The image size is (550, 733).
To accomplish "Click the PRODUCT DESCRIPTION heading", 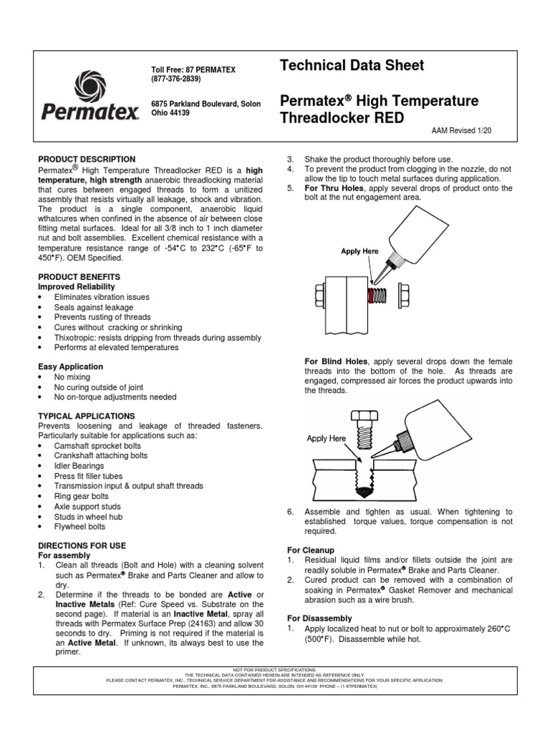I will coord(87,158).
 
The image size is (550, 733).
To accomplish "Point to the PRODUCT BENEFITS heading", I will coord(79,276).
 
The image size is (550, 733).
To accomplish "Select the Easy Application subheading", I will coord(70,366).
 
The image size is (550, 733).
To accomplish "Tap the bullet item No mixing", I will coord(72,377).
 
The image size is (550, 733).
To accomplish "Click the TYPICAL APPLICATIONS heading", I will coord(86,415).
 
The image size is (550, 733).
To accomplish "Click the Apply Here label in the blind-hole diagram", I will coord(326,438).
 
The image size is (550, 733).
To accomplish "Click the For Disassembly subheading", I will coord(319,618).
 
